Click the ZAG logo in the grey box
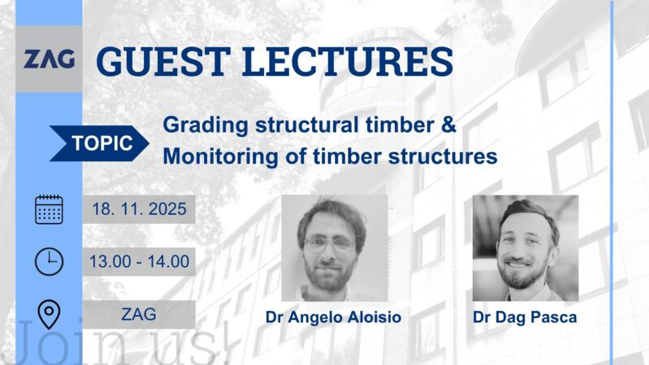coord(49,59)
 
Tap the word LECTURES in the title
coord(347,62)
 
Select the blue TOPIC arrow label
coord(99,143)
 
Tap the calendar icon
coord(49,210)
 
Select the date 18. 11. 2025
coord(139,209)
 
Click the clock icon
coord(49,262)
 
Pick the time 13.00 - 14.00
coord(139,262)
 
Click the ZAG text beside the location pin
coord(139,314)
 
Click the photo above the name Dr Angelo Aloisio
coord(334,248)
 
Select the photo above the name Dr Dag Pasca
coord(525,248)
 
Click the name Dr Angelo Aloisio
coord(333,317)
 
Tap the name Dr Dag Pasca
coord(525,317)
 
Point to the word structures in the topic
coord(443,156)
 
